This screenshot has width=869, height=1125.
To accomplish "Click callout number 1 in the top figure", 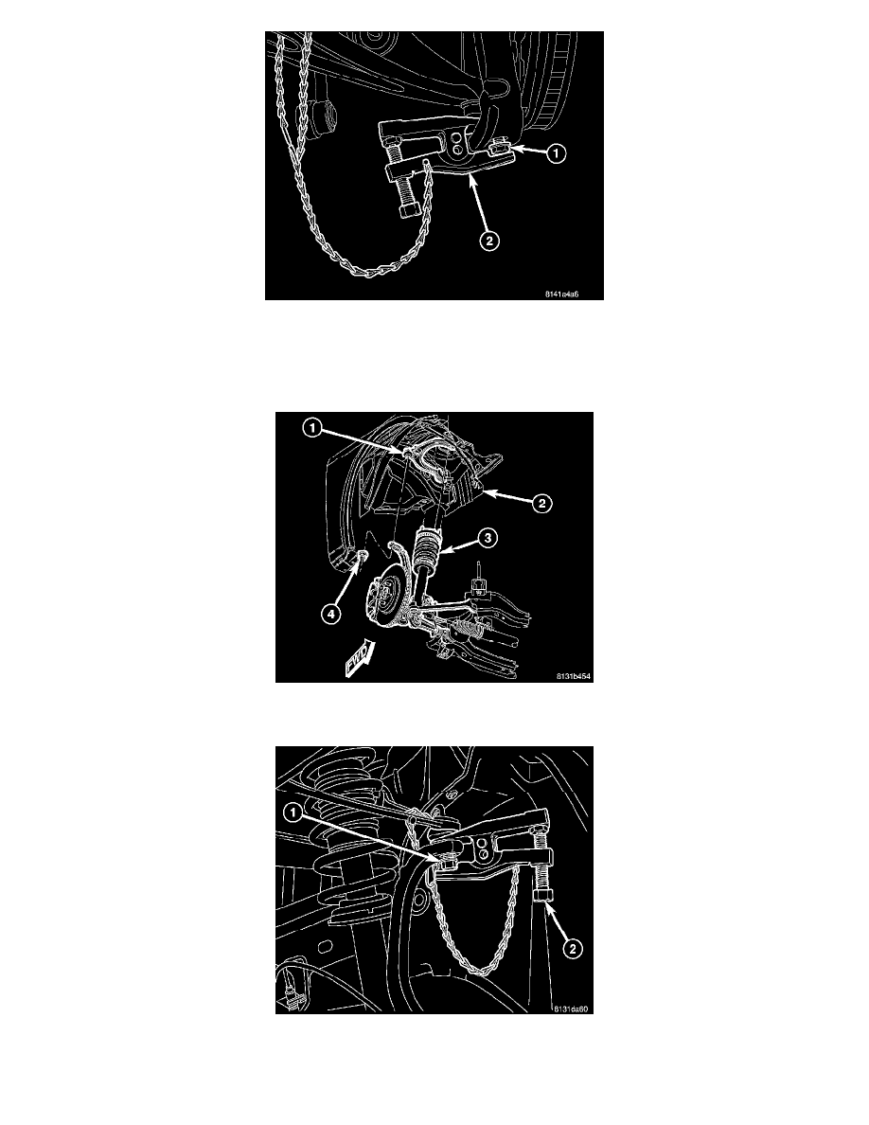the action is [x=556, y=152].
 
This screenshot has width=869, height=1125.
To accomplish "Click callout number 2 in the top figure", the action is [x=489, y=241].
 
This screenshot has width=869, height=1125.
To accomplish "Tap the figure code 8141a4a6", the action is [x=561, y=295].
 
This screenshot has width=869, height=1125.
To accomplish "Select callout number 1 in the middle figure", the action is [x=311, y=428].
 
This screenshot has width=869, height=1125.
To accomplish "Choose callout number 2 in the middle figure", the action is [x=541, y=504].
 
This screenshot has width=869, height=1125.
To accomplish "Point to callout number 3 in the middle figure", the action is [x=488, y=537].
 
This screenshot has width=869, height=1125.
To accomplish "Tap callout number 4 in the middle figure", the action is [x=330, y=614].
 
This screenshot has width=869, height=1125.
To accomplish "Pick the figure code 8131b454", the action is [x=574, y=676].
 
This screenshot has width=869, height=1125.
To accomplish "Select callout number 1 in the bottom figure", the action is [x=293, y=812].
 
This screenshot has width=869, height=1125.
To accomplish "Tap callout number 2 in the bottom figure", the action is [x=572, y=949].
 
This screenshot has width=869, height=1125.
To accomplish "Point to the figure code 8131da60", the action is [x=571, y=1009].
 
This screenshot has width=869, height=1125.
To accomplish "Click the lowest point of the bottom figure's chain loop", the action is [x=479, y=973].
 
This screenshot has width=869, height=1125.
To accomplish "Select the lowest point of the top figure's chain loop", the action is [x=370, y=274].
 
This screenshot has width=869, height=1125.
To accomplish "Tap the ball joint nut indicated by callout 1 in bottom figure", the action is [x=444, y=860].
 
